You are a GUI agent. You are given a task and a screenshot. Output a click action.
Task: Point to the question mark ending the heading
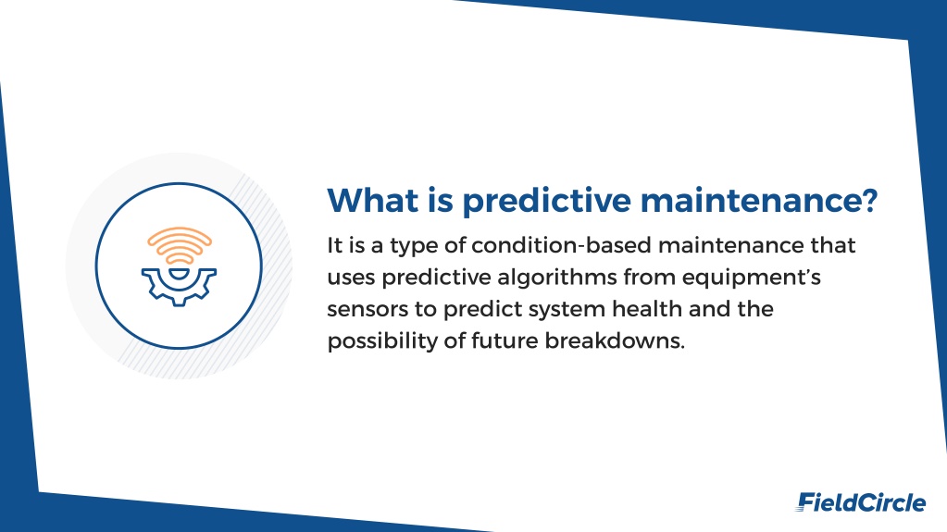point(869,200)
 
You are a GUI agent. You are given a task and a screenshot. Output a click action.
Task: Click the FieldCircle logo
point(861,501)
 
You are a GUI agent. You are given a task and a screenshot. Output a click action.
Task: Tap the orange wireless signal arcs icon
point(180,245)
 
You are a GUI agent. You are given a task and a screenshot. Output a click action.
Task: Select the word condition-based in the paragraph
point(561,246)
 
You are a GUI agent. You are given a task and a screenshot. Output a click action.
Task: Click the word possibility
point(382,341)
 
